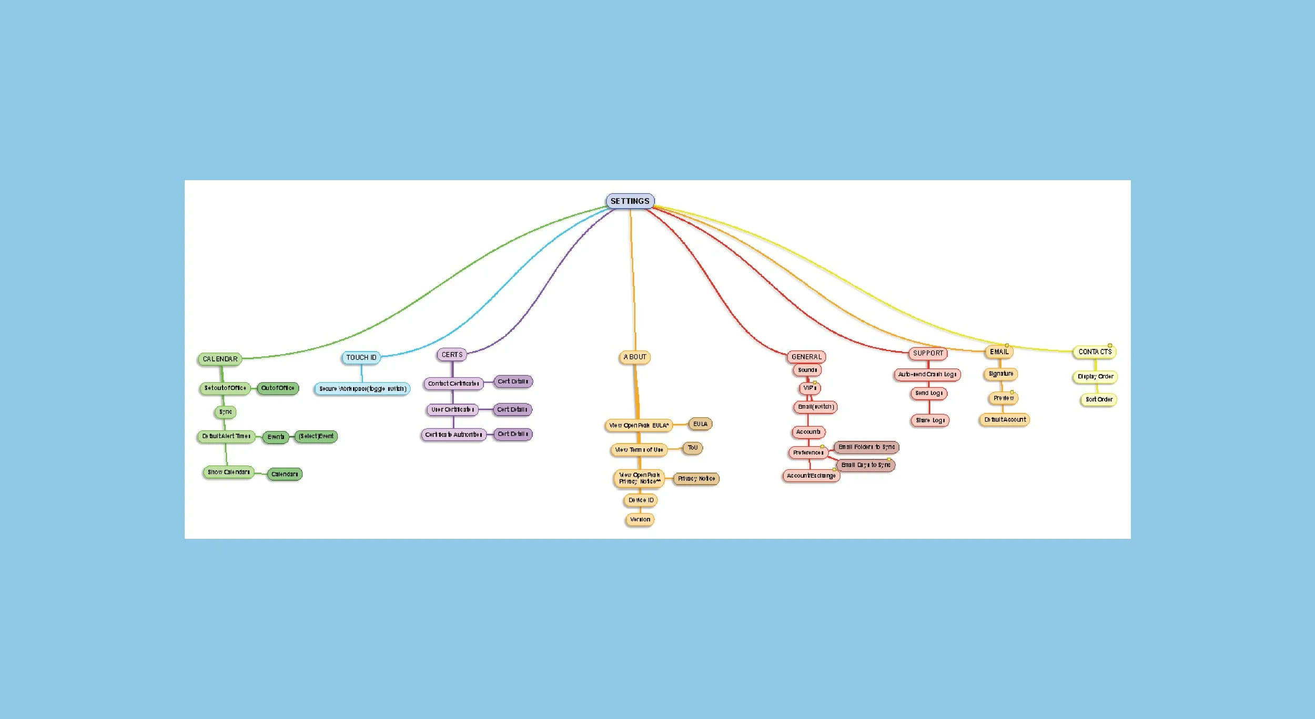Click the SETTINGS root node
coord(630,201)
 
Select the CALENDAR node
coord(220,359)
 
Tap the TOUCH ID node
coord(361,357)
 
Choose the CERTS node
coord(452,355)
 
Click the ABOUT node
coord(635,357)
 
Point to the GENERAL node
coord(806,357)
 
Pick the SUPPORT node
coord(928,353)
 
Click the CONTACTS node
coord(1095,352)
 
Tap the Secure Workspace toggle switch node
coord(362,389)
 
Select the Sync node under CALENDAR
coord(225,412)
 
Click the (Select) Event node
coord(316,436)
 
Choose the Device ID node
coord(641,500)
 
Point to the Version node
coord(640,519)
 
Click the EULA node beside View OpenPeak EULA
coord(700,424)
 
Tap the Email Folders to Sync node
coord(866,447)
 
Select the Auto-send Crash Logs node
coord(927,374)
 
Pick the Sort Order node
coord(1099,399)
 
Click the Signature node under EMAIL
coord(1000,374)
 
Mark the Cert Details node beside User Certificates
coord(512,409)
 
